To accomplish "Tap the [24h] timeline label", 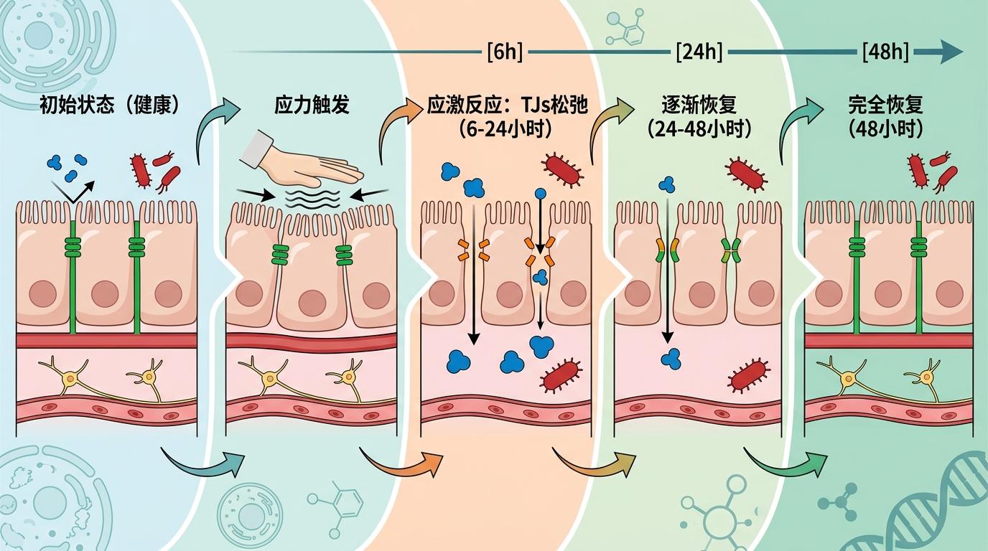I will coord(699,52).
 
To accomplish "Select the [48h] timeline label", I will coord(885,52).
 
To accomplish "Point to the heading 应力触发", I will coord(312,105).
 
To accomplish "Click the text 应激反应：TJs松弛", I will coord(508,106).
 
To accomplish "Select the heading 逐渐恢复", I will coord(699,105).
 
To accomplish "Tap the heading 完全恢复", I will coord(885,105).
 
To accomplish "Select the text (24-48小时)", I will coord(699,130).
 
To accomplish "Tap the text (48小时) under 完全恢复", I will coord(885,130).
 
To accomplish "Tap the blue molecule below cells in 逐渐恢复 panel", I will coord(671,358).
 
